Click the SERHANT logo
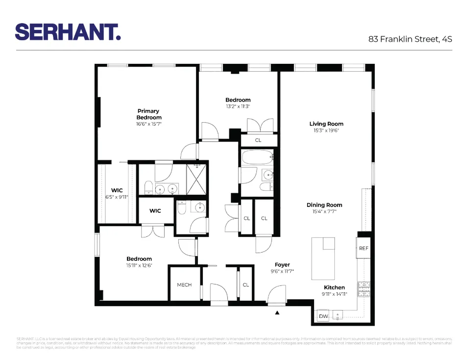click(x=68, y=32)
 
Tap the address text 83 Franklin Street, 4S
click(x=410, y=39)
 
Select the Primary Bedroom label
click(x=148, y=114)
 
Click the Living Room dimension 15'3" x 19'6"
click(x=326, y=131)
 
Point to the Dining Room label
click(x=324, y=205)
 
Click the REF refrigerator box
click(x=363, y=248)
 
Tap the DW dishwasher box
click(x=323, y=316)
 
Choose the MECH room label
click(x=184, y=285)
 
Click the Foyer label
click(x=282, y=265)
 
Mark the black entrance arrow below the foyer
click(x=277, y=312)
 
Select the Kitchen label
click(x=334, y=287)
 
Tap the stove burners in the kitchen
click(x=364, y=289)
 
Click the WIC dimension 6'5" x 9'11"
click(x=117, y=197)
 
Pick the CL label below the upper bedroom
click(x=258, y=140)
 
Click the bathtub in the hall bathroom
click(x=256, y=159)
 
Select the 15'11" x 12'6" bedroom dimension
click(x=139, y=266)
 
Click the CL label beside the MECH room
click(x=246, y=284)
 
